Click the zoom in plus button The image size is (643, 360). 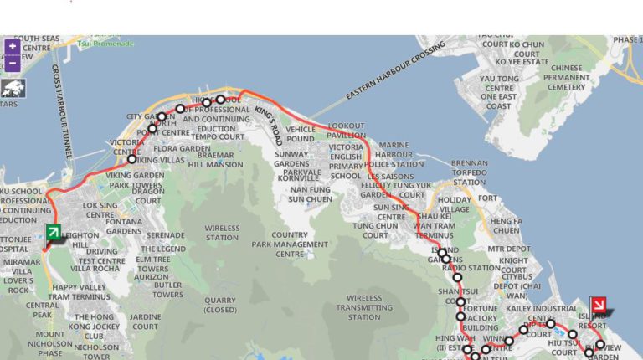click(x=12, y=47)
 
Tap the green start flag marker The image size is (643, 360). click(x=53, y=233)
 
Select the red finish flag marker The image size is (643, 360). click(x=599, y=305)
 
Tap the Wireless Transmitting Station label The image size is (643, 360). click(x=364, y=307)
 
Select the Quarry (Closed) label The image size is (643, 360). click(x=220, y=305)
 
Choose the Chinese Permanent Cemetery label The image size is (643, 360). click(x=567, y=77)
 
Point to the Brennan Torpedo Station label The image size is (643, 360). click(x=469, y=172)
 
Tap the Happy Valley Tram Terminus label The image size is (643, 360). click(x=80, y=292)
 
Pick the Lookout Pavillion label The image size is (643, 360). click(x=346, y=130)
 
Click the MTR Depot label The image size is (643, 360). click(x=509, y=249)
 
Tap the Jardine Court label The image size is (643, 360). click(x=145, y=321)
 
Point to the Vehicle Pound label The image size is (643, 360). click(x=301, y=134)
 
